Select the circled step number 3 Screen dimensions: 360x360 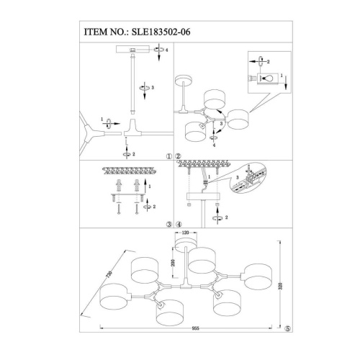pyautogui.click(x=168, y=224)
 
